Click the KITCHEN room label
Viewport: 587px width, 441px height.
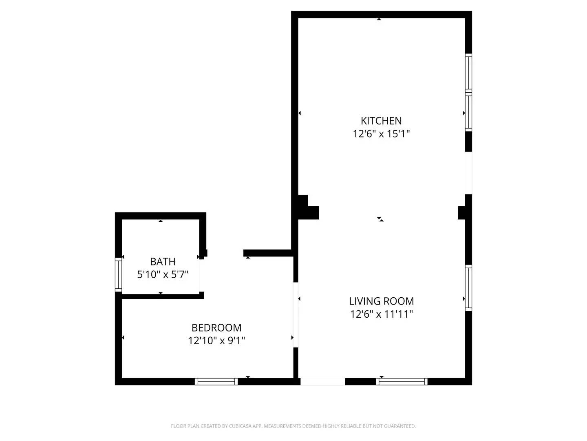(381, 121)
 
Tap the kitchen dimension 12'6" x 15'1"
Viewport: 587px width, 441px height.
(381, 134)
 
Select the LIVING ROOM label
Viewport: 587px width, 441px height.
(381, 301)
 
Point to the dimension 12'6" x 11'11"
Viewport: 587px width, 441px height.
(382, 314)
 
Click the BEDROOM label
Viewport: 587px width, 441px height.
(216, 328)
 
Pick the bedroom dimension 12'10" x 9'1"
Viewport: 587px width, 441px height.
(216, 341)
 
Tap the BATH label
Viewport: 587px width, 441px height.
(163, 262)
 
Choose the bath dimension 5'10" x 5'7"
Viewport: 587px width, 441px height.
(163, 274)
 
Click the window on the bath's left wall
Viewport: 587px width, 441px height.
(118, 274)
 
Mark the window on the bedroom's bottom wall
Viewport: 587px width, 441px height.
(216, 382)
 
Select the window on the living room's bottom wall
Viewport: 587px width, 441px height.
(402, 382)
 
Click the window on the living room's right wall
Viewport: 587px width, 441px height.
(469, 288)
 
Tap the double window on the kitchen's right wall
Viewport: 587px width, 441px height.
(469, 93)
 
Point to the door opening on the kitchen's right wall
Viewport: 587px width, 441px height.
(469, 173)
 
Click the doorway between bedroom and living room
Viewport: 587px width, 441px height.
(296, 314)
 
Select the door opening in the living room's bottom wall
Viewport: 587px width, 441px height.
(323, 382)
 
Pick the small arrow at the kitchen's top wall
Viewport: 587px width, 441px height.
(379, 19)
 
